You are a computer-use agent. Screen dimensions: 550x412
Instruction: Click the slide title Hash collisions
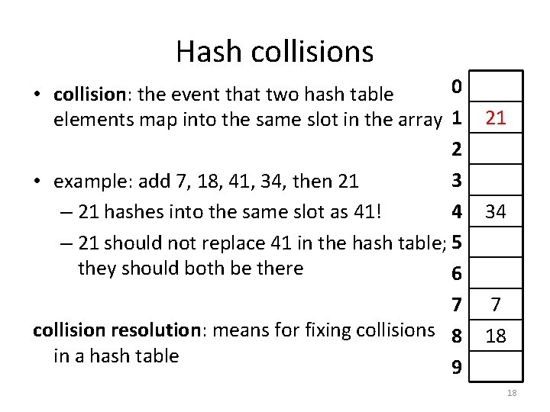click(274, 52)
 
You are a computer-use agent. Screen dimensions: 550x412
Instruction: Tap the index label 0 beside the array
click(456, 87)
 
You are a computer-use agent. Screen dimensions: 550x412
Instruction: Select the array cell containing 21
click(496, 118)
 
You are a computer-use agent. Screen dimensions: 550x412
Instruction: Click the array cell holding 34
click(496, 211)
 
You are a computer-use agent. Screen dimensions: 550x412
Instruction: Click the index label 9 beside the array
click(456, 368)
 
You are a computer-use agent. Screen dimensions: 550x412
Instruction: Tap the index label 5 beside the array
click(456, 243)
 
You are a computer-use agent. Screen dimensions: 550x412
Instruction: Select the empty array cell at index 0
click(496, 87)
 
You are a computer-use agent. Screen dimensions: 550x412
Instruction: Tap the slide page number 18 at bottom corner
click(512, 393)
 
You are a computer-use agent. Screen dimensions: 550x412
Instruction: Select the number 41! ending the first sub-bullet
click(366, 211)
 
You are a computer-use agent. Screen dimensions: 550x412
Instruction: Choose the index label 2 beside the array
click(456, 150)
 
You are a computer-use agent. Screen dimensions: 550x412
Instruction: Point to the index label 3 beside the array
click(456, 181)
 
